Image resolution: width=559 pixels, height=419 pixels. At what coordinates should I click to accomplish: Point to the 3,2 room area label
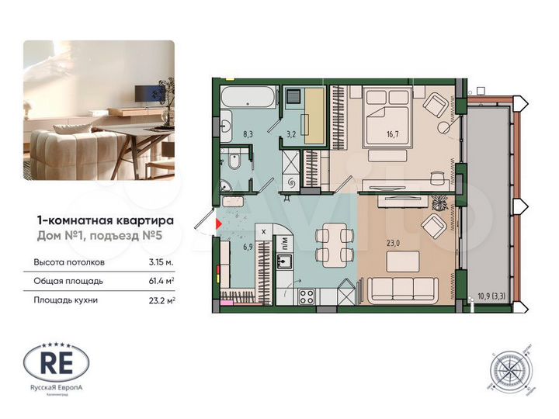[291, 134]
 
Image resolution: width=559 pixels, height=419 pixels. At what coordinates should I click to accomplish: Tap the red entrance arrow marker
[218, 223]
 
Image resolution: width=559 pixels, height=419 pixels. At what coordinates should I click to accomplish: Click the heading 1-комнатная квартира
[106, 220]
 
